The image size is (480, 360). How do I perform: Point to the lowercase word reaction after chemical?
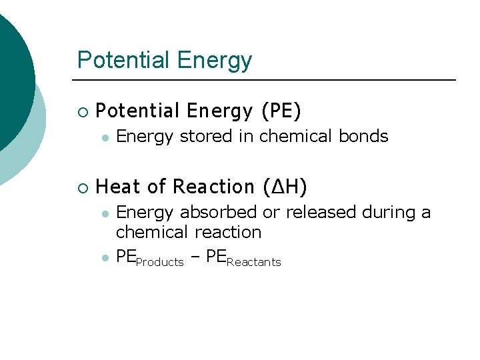point(228,233)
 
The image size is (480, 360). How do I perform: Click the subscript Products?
point(159,263)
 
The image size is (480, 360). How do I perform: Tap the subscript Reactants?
point(254,263)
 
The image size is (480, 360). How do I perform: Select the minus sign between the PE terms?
point(195,257)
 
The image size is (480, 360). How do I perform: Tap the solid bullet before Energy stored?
point(105,137)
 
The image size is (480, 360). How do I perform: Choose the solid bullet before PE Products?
point(105,257)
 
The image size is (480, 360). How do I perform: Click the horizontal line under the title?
point(267,80)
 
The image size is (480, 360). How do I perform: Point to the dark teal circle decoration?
point(12,80)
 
